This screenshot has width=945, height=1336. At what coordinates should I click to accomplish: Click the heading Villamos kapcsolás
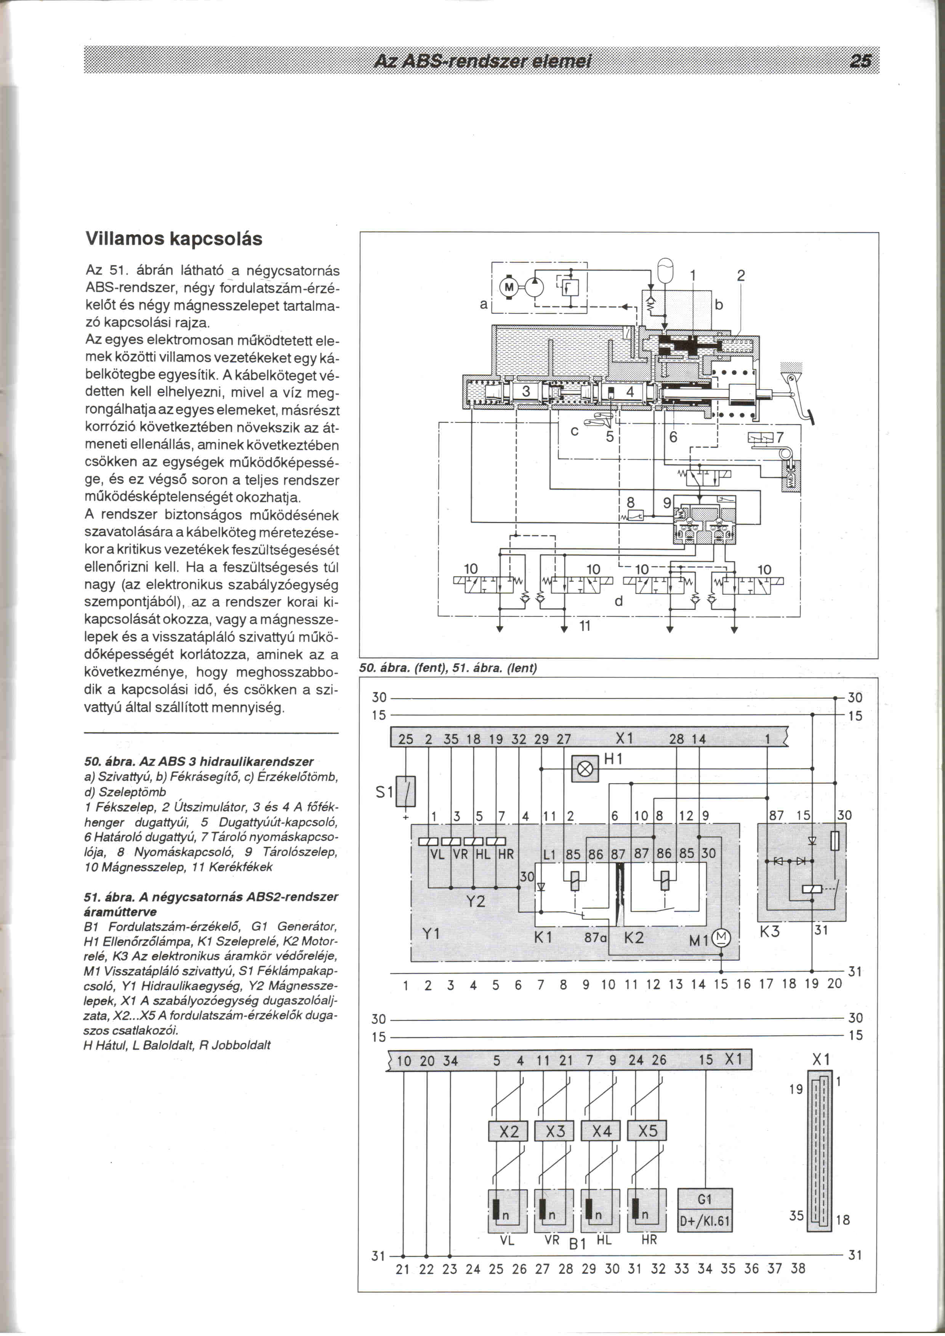[173, 238]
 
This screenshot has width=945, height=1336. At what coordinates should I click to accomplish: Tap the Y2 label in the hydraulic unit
[476, 901]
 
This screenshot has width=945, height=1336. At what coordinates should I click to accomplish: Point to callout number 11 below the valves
[585, 626]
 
